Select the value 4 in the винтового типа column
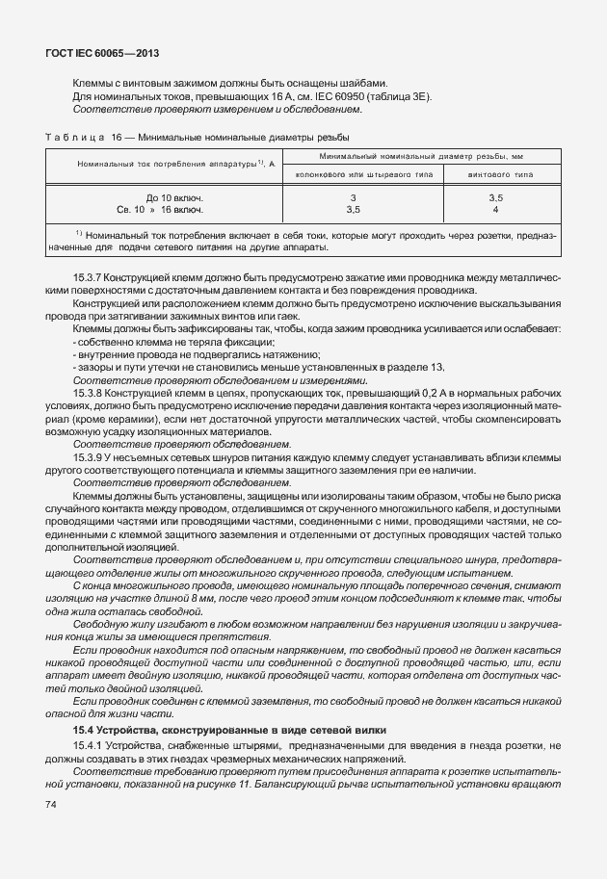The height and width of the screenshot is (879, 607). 494,208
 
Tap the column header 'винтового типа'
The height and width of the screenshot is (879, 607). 495,174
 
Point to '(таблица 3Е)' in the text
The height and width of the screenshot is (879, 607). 406,96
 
